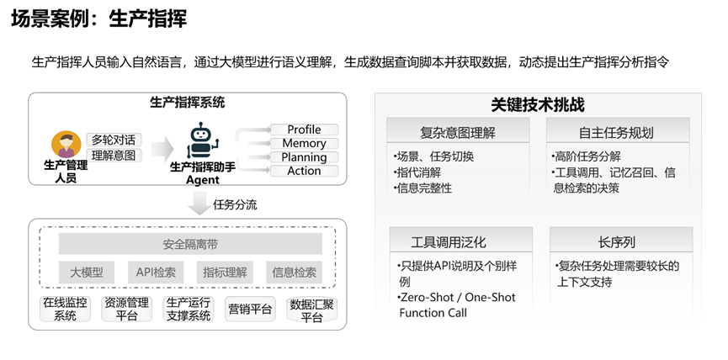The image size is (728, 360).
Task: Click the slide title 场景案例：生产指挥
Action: coord(98,18)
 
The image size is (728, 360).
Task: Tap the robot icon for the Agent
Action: coord(200,140)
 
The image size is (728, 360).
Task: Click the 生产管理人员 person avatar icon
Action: coord(65,144)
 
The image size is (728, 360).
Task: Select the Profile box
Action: coord(304,130)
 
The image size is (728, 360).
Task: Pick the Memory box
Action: coord(304,144)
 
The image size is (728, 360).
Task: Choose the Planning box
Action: coord(304,157)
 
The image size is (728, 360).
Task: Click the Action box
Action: coord(304,171)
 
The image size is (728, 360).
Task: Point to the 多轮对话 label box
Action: coord(114,139)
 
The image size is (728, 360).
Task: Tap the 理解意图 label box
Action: coord(114,155)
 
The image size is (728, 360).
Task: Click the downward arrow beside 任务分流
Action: coord(199,203)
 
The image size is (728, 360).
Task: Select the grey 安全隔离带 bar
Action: coord(190,245)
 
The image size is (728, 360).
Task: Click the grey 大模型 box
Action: coord(86,273)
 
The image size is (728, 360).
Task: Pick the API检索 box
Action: coord(157,273)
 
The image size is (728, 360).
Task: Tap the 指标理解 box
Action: coord(225,273)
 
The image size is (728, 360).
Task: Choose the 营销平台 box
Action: coord(250,309)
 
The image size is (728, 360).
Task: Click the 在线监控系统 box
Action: coord(65,309)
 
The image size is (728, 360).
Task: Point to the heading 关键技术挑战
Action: coord(538,105)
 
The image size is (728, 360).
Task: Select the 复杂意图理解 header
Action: coord(458,132)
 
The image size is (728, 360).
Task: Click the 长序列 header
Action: coord(620,241)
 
